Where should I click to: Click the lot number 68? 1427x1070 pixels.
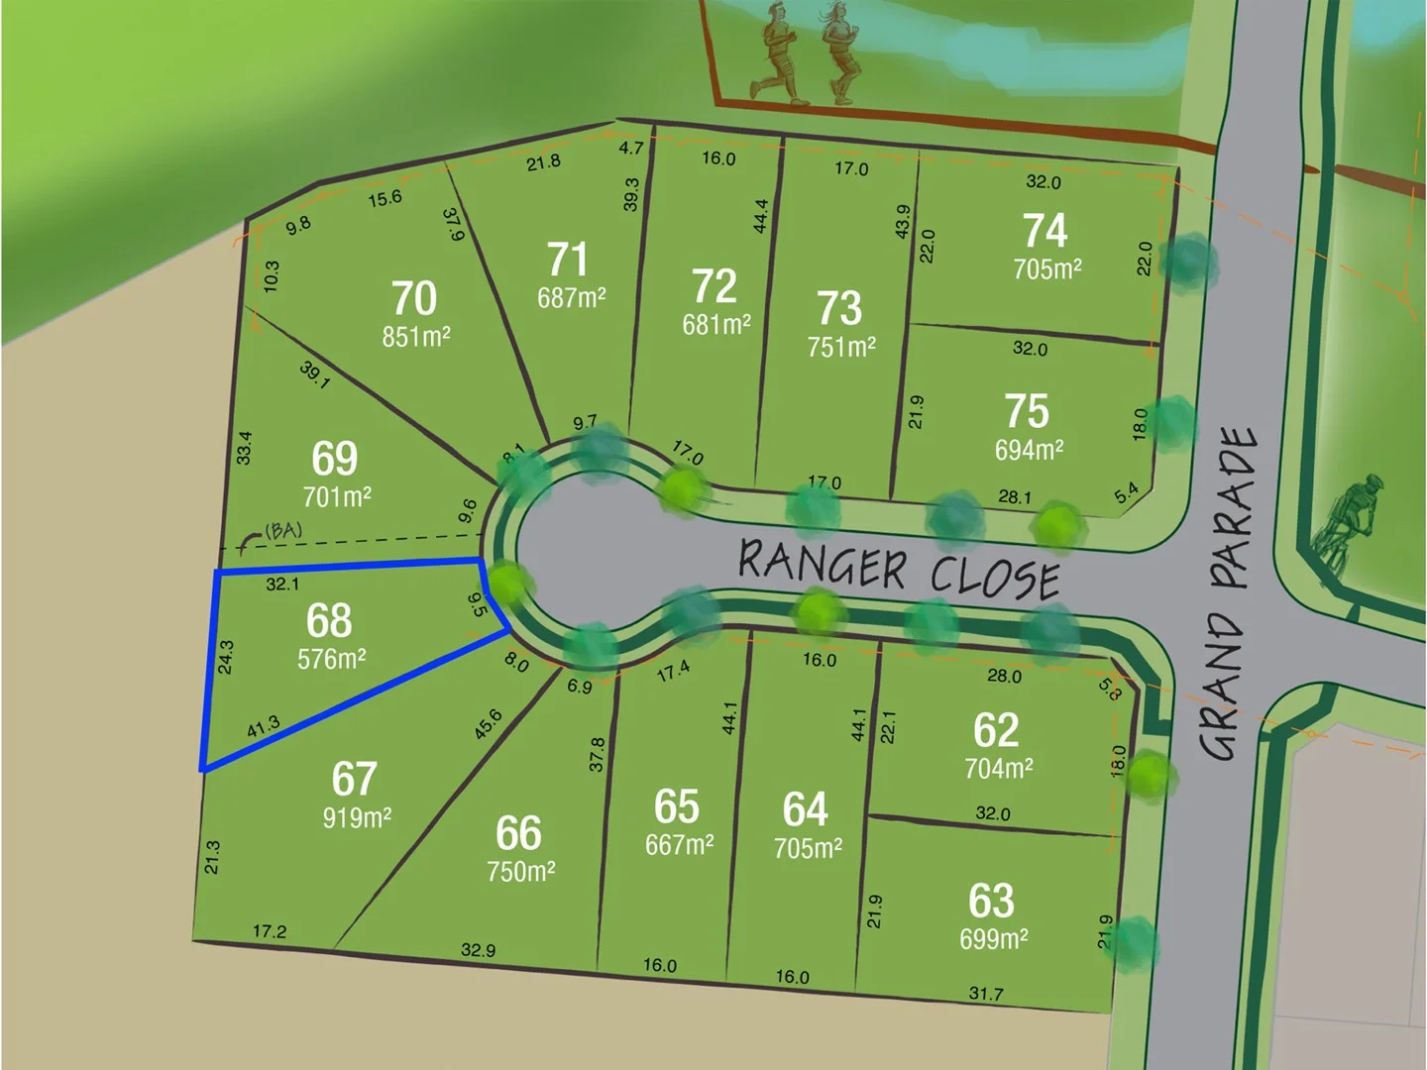[x=329, y=621]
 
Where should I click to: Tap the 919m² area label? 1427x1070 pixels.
[x=357, y=818]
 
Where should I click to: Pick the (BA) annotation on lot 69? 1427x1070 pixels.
[x=282, y=532]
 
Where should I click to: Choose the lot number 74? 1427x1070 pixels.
[x=1044, y=231]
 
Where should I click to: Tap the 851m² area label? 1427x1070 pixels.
[x=416, y=337]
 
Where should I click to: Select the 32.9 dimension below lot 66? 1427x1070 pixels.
[x=478, y=950]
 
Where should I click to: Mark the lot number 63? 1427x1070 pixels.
[x=991, y=902]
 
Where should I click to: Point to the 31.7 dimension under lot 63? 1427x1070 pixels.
[x=986, y=993]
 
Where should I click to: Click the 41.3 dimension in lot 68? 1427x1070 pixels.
[x=263, y=728]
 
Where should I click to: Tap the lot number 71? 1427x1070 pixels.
[x=568, y=260]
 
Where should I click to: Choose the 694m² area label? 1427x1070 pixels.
[x=1029, y=450]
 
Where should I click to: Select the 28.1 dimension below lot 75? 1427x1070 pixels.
[x=1014, y=497]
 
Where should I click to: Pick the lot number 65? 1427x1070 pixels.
[x=677, y=807]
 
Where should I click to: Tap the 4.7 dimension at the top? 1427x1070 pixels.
[x=631, y=149]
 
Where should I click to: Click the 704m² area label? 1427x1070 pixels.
[x=999, y=769]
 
